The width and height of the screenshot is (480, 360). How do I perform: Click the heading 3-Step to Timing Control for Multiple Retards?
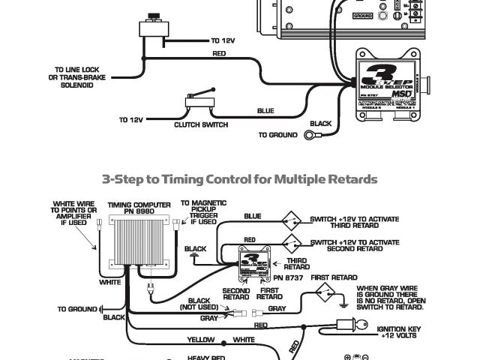point(240,180)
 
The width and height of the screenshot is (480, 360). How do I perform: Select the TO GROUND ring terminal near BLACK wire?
point(310,136)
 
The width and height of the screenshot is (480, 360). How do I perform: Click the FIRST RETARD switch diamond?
point(325,294)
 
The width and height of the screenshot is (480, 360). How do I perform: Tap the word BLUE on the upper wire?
point(265,111)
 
